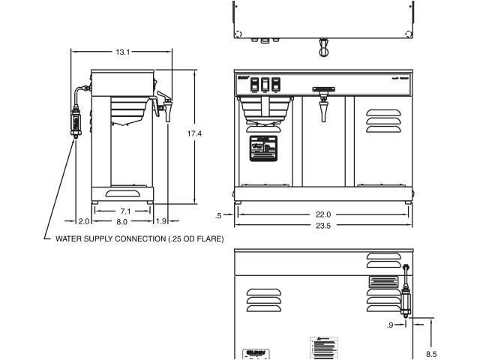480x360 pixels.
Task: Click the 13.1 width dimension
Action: point(123,52)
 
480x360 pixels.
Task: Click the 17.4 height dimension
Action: point(194,133)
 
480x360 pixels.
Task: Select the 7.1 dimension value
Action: point(125,211)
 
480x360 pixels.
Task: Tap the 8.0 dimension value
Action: point(122,221)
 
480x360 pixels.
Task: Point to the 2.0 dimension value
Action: point(83,221)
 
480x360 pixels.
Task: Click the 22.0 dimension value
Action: point(322,214)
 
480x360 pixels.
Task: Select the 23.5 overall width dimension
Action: point(322,226)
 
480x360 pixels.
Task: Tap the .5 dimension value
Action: point(218,216)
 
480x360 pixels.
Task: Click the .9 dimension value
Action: point(390,325)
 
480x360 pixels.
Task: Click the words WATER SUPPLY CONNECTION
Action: point(105,238)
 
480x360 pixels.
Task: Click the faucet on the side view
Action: point(164,106)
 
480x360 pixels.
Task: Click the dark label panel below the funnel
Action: point(262,148)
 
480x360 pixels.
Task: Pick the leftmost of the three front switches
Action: point(254,85)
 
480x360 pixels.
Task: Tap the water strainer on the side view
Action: point(76,119)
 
